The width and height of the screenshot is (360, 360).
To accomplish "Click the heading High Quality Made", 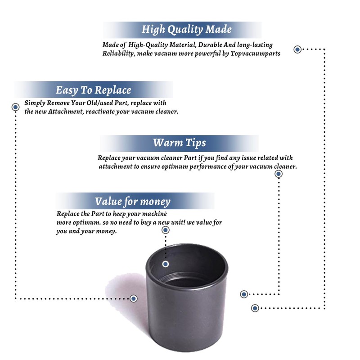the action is tap(186, 30).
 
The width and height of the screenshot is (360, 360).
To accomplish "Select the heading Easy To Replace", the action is tap(93, 90).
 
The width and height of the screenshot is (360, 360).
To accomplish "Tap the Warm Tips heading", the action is tap(179, 143).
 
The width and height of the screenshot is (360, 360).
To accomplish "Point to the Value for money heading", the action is tap(132, 201).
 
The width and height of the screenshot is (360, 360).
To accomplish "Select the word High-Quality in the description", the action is tap(147, 45).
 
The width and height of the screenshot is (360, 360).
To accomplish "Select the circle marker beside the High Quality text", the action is tap(297, 49).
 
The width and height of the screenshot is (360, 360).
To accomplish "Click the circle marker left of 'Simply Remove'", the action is tap(15, 107).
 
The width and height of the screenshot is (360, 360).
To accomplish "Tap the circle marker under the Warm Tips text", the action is tap(279, 174).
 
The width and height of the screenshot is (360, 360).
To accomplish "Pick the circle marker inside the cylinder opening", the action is tap(166, 264).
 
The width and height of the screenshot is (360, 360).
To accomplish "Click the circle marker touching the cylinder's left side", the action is tap(134, 298).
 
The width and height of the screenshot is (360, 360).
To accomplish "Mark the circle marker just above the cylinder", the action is tap(166, 230).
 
